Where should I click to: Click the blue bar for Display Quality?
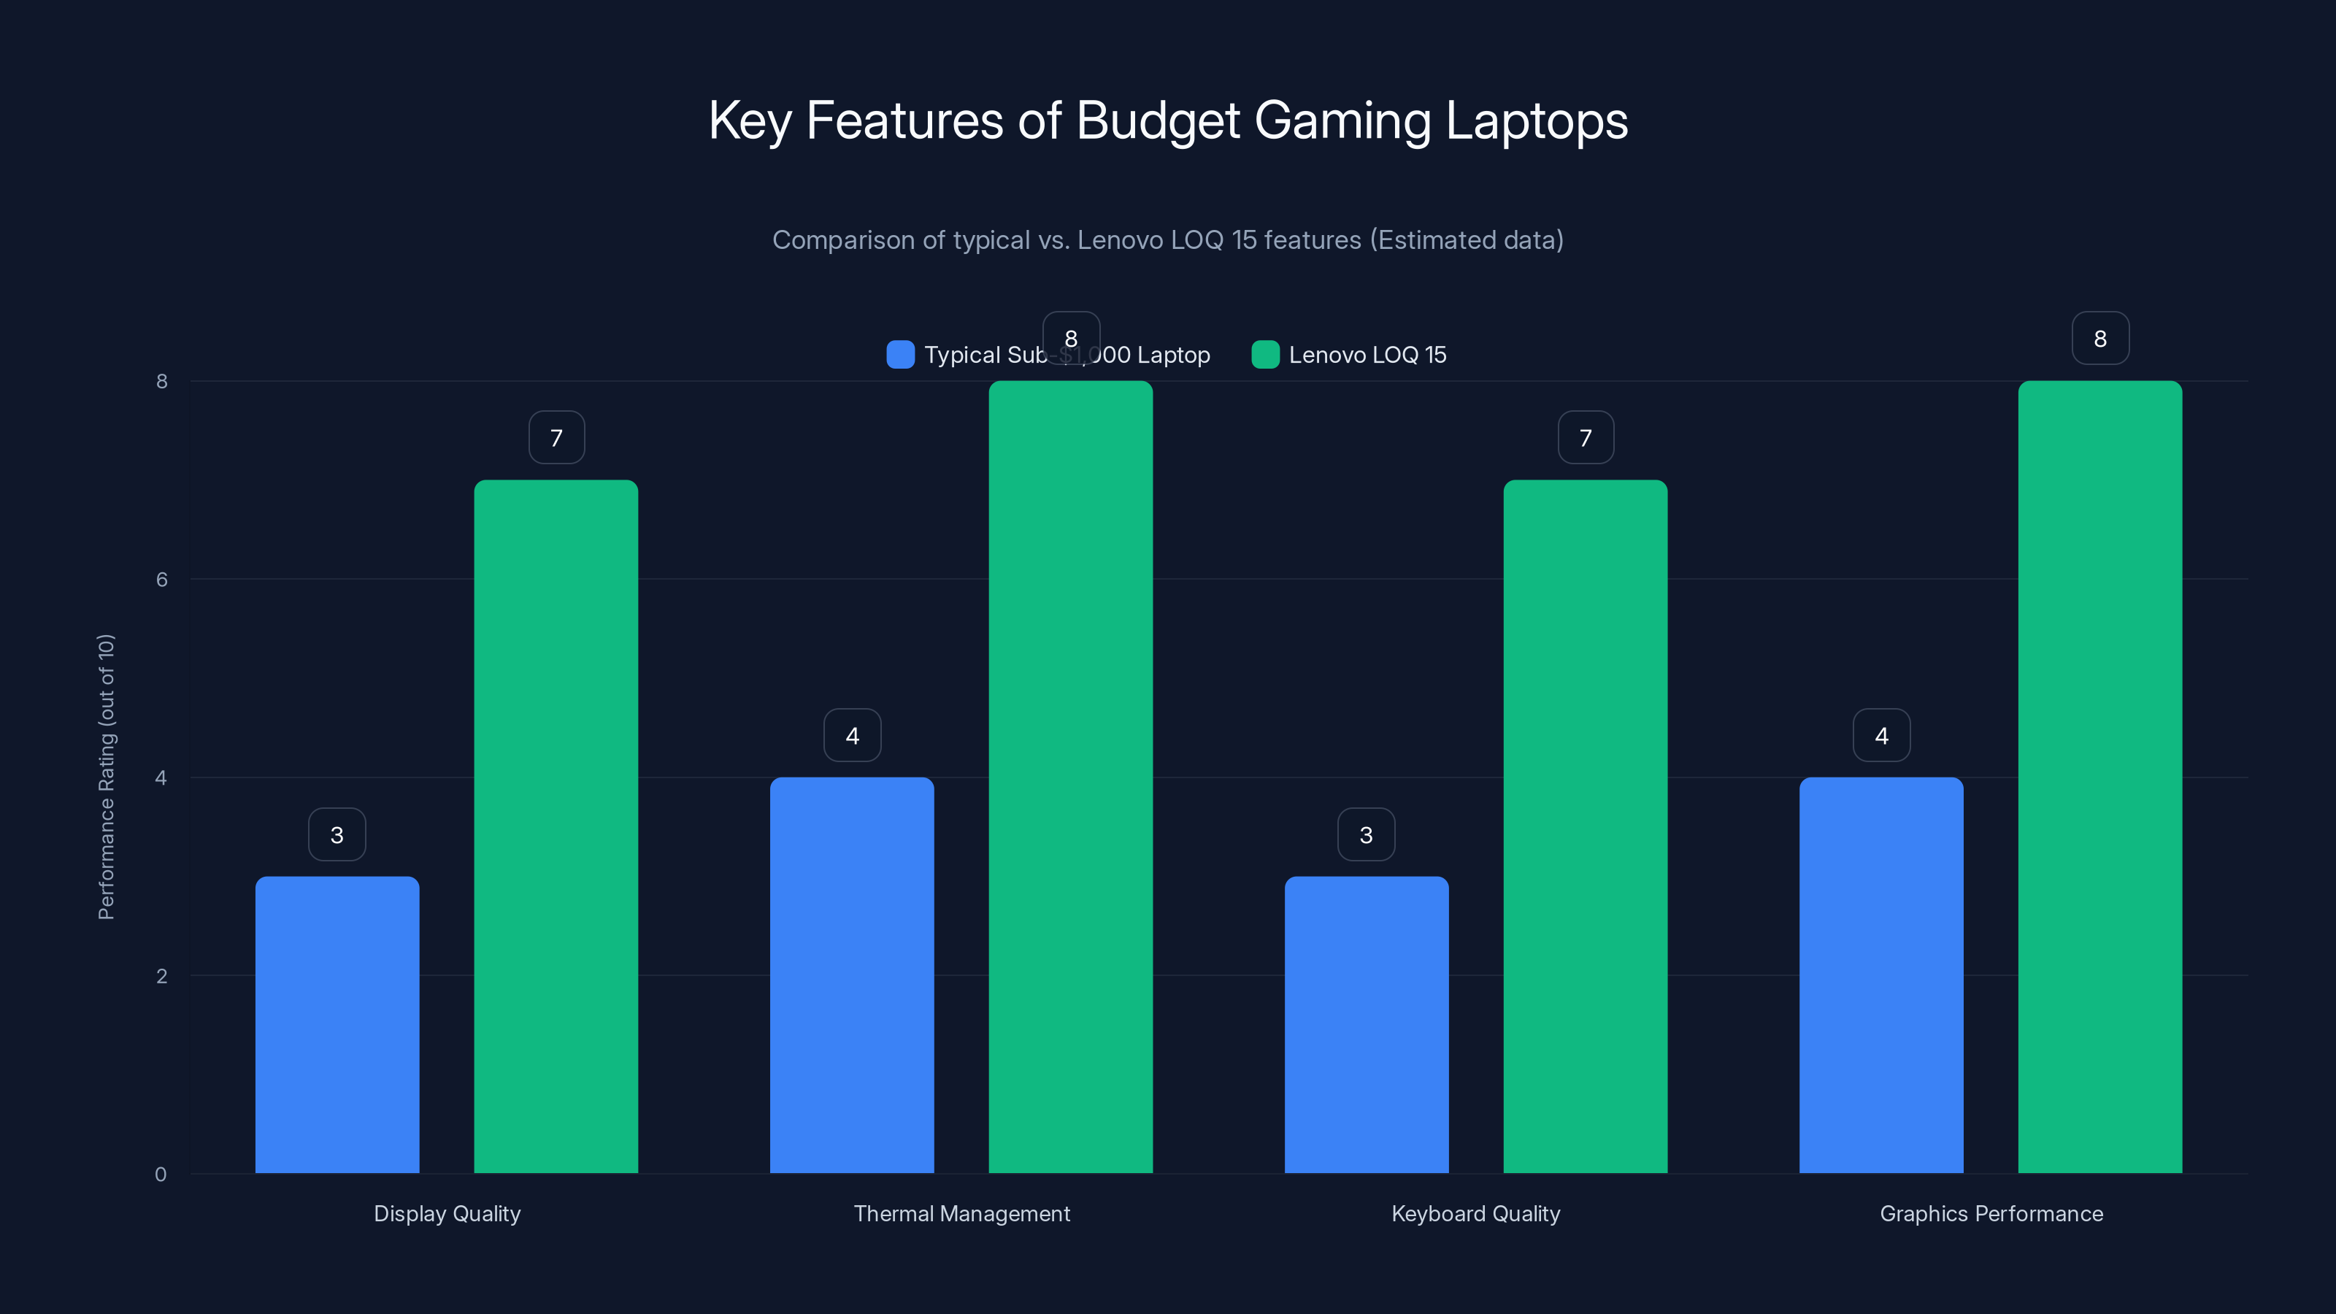pos(337,1025)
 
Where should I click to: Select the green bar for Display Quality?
pos(556,825)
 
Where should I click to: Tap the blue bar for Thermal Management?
pos(851,975)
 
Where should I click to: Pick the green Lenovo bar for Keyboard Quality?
pos(1585,825)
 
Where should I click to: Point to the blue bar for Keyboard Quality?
pos(1366,1025)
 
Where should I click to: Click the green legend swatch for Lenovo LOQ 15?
pos(1265,355)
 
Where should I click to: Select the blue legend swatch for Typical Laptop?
pos(899,355)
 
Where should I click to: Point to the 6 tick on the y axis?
pos(161,580)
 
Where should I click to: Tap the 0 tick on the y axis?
pos(161,1175)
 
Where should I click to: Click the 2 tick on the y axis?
pos(161,977)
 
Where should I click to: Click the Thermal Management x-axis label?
pos(961,1213)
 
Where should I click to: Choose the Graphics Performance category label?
pos(1991,1213)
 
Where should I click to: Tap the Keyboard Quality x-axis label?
pos(1475,1213)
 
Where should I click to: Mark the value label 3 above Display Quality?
pos(337,834)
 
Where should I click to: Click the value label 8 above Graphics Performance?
pos(2099,338)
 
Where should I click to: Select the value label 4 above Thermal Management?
pos(851,735)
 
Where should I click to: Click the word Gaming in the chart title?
pos(1342,120)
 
